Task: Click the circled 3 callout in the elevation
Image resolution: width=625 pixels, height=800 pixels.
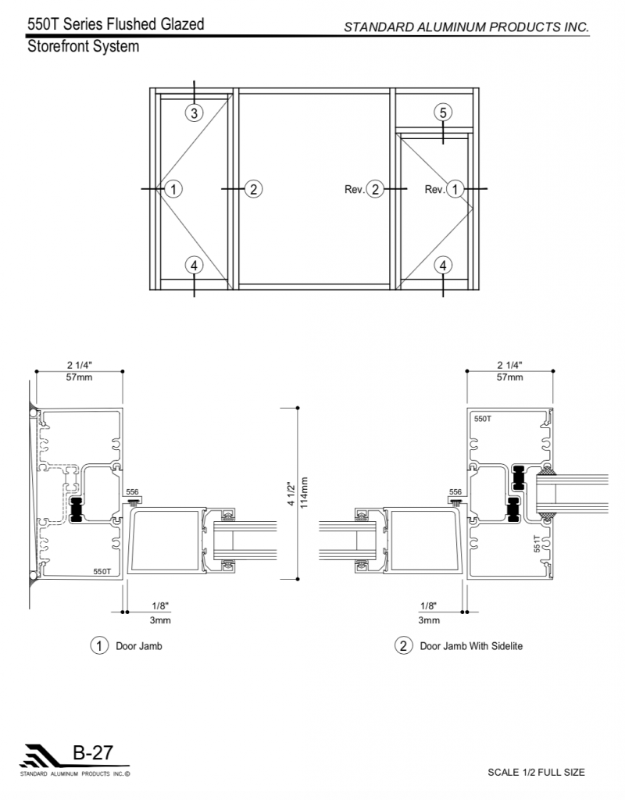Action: click(194, 112)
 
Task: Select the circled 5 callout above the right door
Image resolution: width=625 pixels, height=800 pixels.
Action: click(443, 112)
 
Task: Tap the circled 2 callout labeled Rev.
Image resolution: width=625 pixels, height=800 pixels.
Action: click(375, 189)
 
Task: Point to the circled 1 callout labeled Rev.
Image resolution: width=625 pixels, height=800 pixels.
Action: click(455, 189)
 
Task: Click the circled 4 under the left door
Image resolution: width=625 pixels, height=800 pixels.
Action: click(194, 266)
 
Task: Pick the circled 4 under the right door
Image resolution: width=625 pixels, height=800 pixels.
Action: click(443, 266)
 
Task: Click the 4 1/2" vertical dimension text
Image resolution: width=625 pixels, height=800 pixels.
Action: click(291, 494)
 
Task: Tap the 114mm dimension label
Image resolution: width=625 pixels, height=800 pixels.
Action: click(305, 493)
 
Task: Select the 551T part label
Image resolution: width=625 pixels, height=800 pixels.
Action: click(537, 544)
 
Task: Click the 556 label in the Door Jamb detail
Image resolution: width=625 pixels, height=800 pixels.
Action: click(132, 492)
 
